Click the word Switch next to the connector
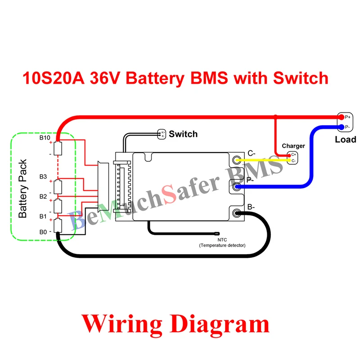coord(183,134)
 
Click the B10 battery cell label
coord(45,137)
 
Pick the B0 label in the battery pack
coord(43,232)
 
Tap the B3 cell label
coord(43,176)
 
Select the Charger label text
coord(293,146)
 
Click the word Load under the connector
coord(345,139)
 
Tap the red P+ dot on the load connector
coord(342,117)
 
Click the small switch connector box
coord(162,134)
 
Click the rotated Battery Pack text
coord(23,189)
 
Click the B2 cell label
coord(43,196)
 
